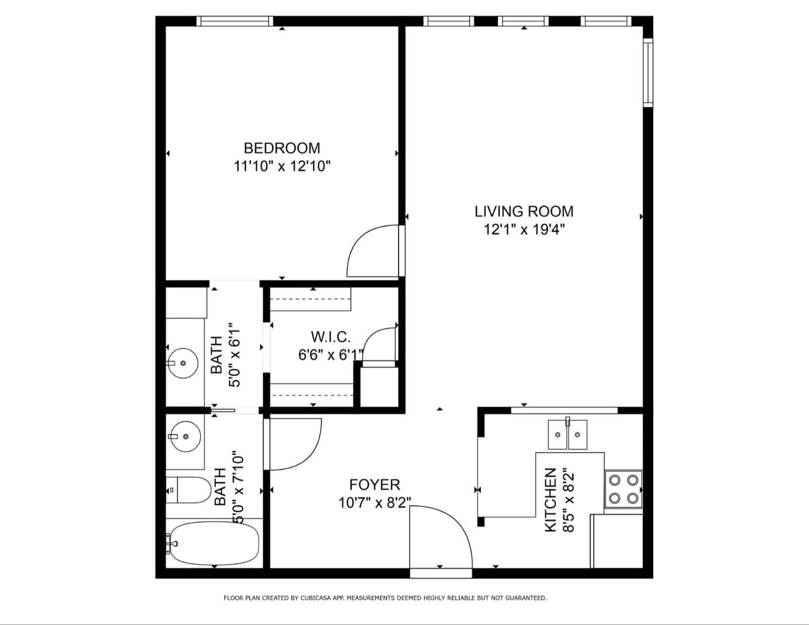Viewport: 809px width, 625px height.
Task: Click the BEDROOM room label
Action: (282, 148)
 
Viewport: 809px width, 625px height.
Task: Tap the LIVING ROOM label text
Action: (524, 211)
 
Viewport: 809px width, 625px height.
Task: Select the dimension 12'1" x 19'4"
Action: (524, 230)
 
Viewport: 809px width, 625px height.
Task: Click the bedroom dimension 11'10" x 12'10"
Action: (282, 166)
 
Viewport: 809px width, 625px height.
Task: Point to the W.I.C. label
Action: (331, 337)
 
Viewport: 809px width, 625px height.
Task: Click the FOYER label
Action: (374, 485)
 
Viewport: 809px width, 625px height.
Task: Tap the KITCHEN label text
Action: (550, 499)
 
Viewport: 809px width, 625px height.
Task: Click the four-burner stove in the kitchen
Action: (623, 489)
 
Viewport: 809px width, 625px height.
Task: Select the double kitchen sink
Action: (567, 435)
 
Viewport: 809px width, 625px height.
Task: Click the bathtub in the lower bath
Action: (215, 543)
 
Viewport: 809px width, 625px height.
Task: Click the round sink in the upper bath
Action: (183, 363)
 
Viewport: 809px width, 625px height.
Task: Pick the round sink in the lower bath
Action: (186, 436)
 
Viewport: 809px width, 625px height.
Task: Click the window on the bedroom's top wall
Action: (235, 21)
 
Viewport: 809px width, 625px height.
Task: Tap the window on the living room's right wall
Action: (648, 73)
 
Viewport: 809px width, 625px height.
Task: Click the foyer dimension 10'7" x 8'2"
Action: (374, 503)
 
